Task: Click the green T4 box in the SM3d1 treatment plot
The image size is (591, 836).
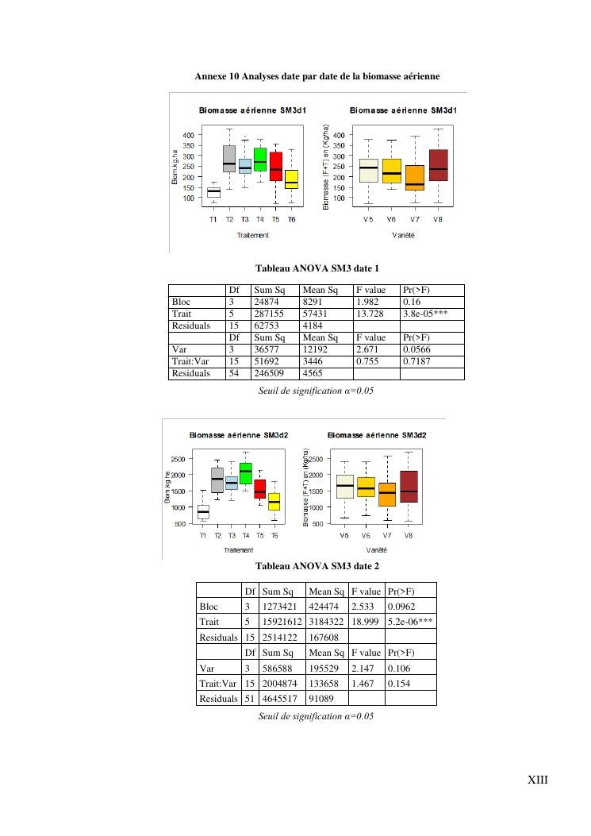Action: (260, 160)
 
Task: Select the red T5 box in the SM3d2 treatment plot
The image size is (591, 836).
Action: (260, 489)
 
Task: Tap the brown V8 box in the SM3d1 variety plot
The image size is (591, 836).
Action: (438, 165)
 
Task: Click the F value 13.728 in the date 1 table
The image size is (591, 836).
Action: (370, 314)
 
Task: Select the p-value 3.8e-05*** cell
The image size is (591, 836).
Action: (425, 314)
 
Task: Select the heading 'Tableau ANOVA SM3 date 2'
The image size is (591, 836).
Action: (317, 566)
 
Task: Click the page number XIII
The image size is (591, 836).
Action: (538, 780)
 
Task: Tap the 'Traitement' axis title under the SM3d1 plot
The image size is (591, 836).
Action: (253, 235)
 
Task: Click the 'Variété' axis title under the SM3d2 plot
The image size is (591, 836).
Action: (377, 549)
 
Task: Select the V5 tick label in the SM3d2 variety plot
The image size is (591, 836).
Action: (344, 536)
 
